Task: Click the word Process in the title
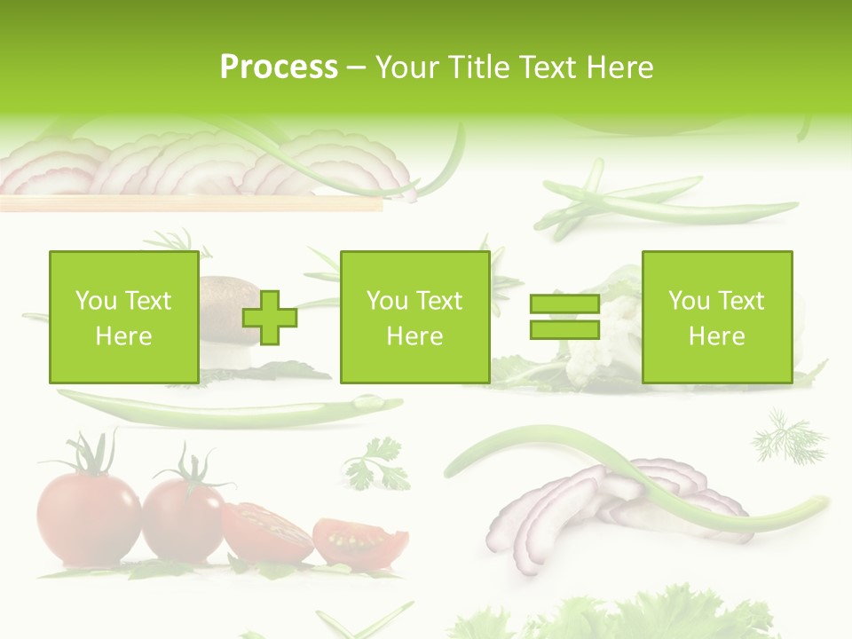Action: point(279,67)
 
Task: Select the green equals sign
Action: point(564,318)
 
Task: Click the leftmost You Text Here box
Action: point(123,317)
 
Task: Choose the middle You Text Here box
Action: point(414,317)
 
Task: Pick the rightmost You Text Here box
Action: point(716,317)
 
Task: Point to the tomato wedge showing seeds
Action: point(359,540)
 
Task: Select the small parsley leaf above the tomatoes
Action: point(379,464)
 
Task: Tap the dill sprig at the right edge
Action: point(788,435)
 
